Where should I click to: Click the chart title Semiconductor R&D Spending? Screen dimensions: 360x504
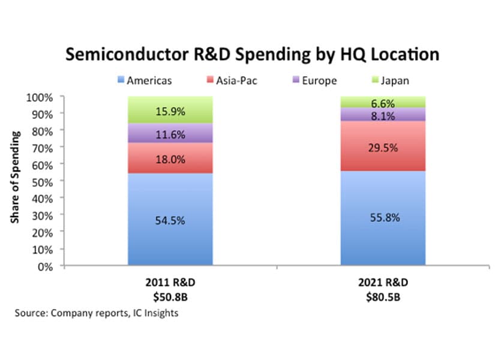tap(252, 55)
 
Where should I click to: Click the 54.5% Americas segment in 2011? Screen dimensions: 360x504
tap(170, 220)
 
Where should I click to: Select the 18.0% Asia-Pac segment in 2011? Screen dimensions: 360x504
tap(170, 159)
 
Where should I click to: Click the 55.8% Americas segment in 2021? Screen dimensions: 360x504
tap(383, 217)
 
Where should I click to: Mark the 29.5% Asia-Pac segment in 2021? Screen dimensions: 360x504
tap(383, 146)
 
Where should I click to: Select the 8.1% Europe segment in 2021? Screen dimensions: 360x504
tap(383, 115)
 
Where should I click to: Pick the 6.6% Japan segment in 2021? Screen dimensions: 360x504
tap(383, 103)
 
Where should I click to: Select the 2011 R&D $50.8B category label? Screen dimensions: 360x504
tap(170, 289)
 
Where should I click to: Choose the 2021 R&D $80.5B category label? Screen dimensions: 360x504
tap(383, 289)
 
